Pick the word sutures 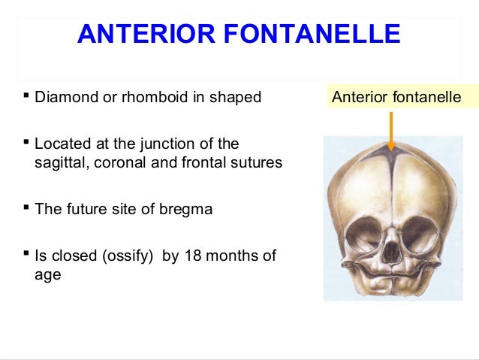point(257,163)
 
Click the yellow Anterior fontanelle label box point(396,97)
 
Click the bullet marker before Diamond point(26,95)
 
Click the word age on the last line point(48,276)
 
